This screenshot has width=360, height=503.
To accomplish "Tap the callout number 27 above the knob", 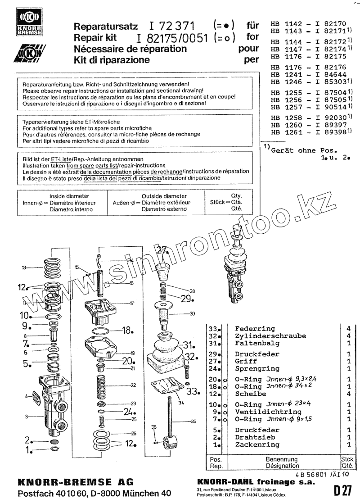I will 162,251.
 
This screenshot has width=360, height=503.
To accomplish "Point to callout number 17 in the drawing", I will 132,303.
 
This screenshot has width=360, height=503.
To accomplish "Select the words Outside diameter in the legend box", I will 164,196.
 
